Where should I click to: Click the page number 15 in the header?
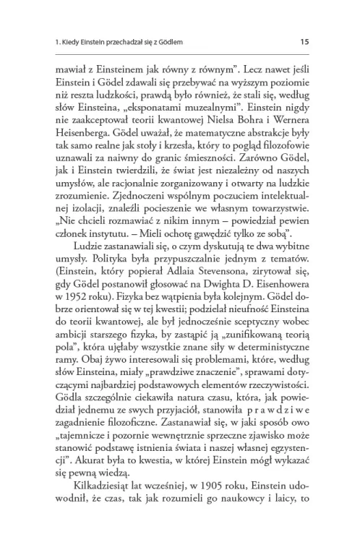click(305, 41)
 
